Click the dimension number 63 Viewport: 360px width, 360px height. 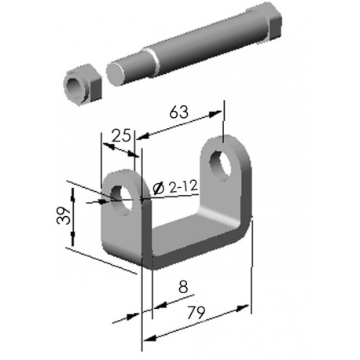pyautogui.click(x=178, y=112)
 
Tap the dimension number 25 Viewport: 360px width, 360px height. pyautogui.click(x=121, y=135)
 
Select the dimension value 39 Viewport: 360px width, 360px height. pyautogui.click(x=64, y=215)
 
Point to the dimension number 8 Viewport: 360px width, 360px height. pyautogui.click(x=183, y=287)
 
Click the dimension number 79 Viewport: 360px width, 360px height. pyautogui.click(x=196, y=312)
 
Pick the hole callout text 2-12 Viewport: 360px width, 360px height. pyautogui.click(x=183, y=187)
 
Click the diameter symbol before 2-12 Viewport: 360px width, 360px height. pyautogui.click(x=159, y=188)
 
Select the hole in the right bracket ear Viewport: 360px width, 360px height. pyautogui.click(x=221, y=165)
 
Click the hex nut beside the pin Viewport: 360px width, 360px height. pyautogui.click(x=83, y=84)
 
